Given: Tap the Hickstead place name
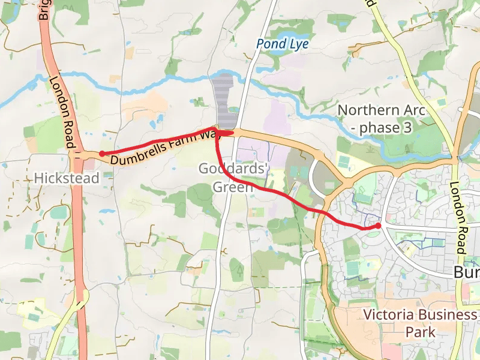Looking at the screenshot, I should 67,178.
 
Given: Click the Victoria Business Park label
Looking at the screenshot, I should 419,323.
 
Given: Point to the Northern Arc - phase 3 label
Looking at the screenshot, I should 381,119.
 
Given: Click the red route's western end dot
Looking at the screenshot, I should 102,154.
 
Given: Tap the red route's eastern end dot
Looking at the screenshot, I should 378,226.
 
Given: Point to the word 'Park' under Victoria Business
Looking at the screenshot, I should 419,332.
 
